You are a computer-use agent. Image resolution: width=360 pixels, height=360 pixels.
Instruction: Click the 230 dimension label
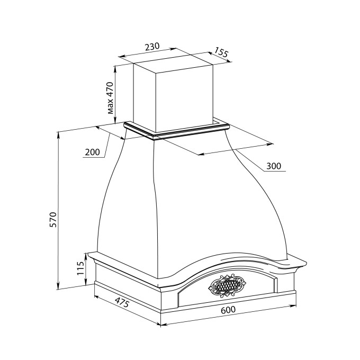[x=152, y=47]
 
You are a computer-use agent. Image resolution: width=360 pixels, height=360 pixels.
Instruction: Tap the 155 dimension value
[x=221, y=52]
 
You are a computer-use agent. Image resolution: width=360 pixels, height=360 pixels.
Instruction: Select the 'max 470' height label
[x=111, y=98]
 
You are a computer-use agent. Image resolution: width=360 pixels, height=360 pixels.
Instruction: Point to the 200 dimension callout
[x=92, y=152]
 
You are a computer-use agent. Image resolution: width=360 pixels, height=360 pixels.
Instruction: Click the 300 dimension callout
[x=274, y=166]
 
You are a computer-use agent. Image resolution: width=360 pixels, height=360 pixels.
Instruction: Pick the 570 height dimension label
[x=53, y=220]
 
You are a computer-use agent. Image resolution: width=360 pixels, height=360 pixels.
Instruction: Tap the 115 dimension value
[x=80, y=268]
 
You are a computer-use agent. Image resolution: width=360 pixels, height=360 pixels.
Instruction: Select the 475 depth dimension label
[x=122, y=302]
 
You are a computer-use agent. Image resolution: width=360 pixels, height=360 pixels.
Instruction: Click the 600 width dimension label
[x=228, y=310]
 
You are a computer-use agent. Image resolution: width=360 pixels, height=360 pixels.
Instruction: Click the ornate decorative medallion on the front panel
[x=227, y=285]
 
